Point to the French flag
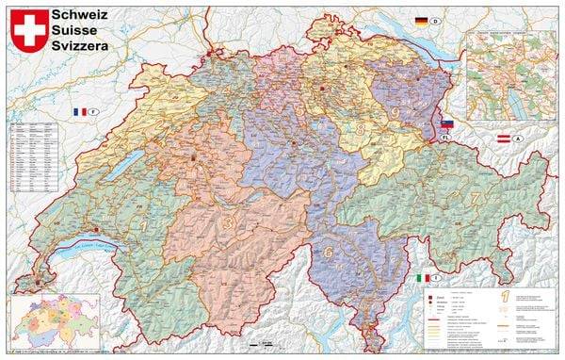click(79, 112)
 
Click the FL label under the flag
click(447, 138)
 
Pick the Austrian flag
click(504, 139)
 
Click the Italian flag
click(421, 278)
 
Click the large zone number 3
click(229, 222)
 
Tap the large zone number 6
click(329, 252)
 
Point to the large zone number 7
click(476, 198)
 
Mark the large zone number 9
click(395, 113)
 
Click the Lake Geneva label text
click(89, 247)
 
